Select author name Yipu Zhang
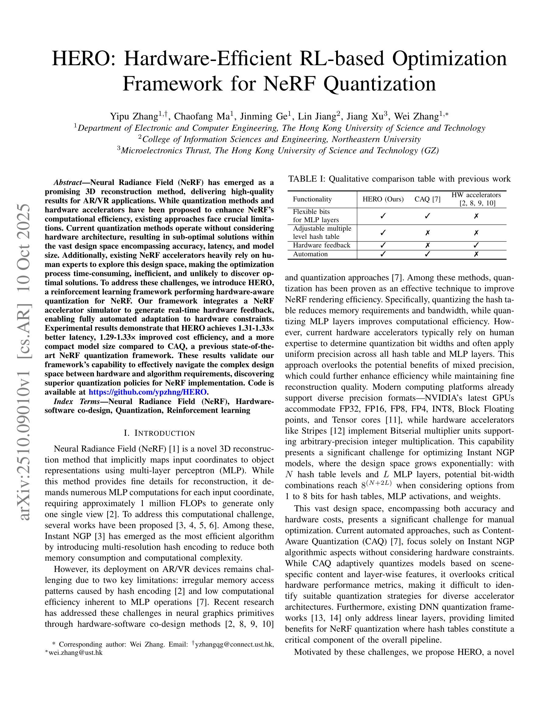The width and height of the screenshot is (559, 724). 133,116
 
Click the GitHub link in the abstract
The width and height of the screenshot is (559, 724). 148,392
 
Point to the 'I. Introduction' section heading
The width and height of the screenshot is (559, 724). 159,433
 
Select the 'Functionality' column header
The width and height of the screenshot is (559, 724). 312,199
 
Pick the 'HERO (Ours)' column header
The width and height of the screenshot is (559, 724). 383,199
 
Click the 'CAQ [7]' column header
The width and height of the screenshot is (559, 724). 427,199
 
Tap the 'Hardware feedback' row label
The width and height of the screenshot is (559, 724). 321,245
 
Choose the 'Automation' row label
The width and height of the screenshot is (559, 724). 310,254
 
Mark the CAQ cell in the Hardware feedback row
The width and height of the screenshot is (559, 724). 427,246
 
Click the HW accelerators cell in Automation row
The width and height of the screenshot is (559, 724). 476,254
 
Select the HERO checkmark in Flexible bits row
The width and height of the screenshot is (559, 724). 383,216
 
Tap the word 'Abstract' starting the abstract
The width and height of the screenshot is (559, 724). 68,183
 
